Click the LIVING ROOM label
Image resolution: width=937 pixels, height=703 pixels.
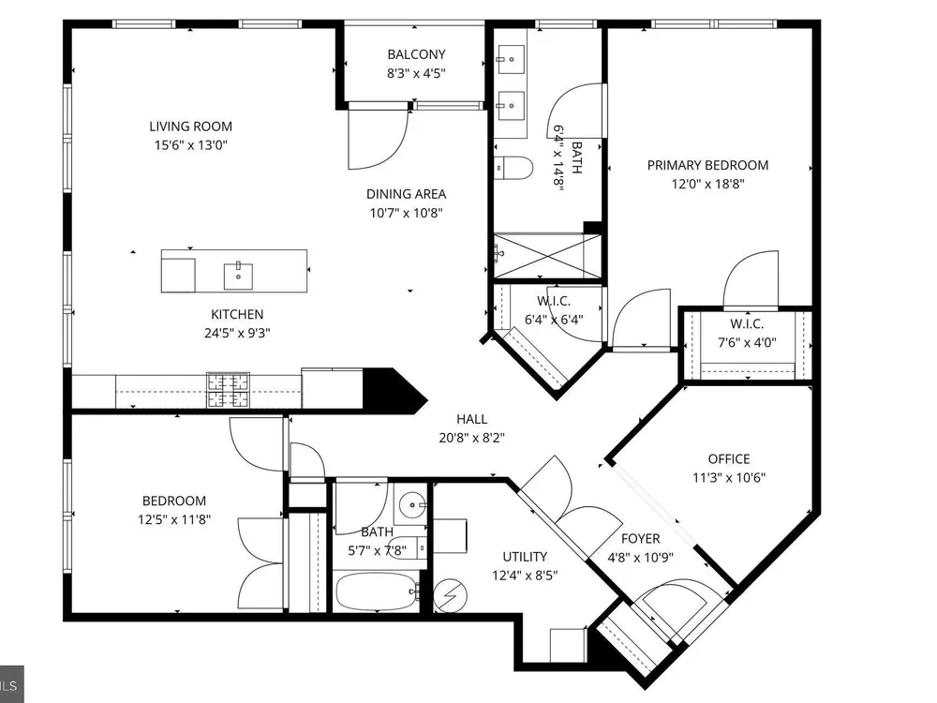pyautogui.click(x=190, y=127)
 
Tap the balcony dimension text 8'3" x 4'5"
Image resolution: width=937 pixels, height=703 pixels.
pyautogui.click(x=417, y=73)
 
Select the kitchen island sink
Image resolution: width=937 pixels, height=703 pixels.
pyautogui.click(x=238, y=276)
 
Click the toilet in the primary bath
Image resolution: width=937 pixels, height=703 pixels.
pyautogui.click(x=513, y=168)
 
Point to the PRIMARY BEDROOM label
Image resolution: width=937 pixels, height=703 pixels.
pyautogui.click(x=707, y=166)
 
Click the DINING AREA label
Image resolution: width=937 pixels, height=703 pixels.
pyautogui.click(x=407, y=194)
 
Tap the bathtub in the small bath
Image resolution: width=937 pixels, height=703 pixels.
pyautogui.click(x=376, y=591)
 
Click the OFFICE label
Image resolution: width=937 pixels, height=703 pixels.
pyautogui.click(x=729, y=459)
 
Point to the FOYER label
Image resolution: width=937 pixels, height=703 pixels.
pyautogui.click(x=641, y=539)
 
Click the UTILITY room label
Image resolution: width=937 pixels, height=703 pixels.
pyautogui.click(x=525, y=557)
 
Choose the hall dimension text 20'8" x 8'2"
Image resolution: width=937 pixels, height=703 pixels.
pyautogui.click(x=472, y=438)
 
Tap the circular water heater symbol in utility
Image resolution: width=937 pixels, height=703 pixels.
pyautogui.click(x=450, y=595)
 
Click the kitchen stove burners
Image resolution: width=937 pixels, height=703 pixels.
pyautogui.click(x=229, y=390)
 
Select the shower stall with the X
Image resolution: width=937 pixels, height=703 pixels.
pyautogui.click(x=547, y=256)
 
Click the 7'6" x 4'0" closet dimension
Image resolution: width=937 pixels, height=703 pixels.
pyautogui.click(x=747, y=343)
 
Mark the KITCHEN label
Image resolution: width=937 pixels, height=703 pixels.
pyautogui.click(x=237, y=314)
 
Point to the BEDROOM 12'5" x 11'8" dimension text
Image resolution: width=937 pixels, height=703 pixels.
pyautogui.click(x=174, y=520)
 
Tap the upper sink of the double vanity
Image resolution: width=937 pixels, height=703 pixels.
pyautogui.click(x=511, y=58)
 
